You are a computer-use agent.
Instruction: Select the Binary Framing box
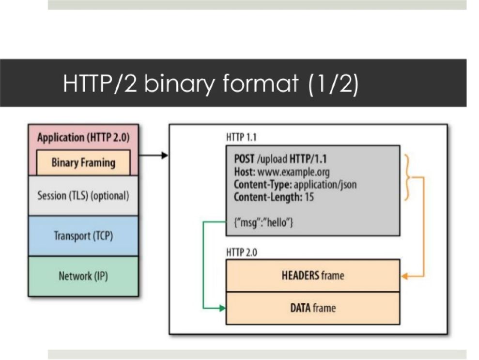point(83,162)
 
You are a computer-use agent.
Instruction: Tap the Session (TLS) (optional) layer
point(83,196)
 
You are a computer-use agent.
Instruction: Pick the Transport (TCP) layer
point(83,236)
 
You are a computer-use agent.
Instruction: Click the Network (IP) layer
point(83,276)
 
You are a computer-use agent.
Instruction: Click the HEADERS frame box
point(313,276)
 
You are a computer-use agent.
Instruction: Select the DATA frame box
point(313,308)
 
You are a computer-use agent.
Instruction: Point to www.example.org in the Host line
point(294,172)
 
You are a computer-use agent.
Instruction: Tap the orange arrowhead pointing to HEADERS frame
point(405,276)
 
